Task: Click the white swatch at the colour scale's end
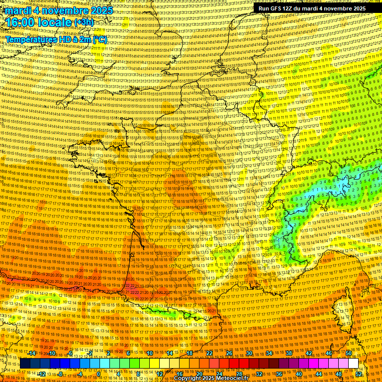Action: coord(353,364)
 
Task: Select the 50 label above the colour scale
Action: coord(349,353)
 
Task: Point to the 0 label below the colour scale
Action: coord(98,374)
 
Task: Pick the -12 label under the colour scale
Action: coord(42,374)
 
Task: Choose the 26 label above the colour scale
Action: coord(229,353)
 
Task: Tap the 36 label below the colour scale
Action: coord(279,374)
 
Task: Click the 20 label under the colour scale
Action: coord(199,374)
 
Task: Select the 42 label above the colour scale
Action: coord(309,353)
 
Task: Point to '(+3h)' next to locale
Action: coord(83,22)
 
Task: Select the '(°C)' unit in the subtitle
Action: coord(98,39)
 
